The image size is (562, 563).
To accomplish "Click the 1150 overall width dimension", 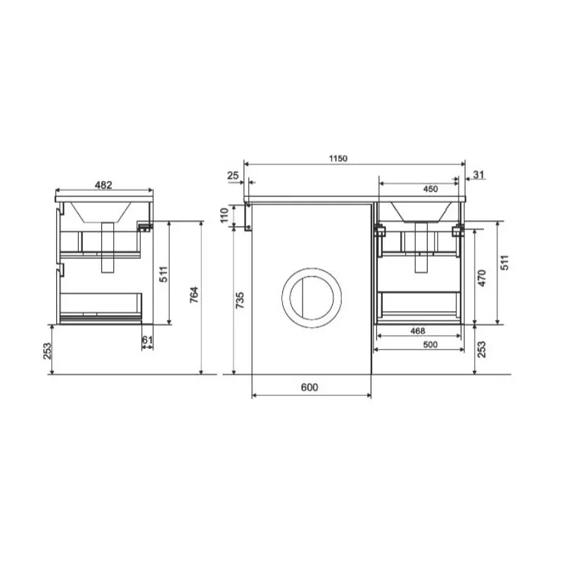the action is (x=338, y=158).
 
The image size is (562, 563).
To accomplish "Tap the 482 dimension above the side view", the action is (x=103, y=185).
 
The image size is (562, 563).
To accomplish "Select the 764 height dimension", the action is (x=194, y=295).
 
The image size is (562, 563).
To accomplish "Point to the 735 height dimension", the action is (x=240, y=301).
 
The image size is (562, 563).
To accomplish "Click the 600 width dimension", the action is (x=309, y=387).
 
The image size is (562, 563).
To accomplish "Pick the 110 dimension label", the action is (x=224, y=215).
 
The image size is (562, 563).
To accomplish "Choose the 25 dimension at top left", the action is (x=233, y=175).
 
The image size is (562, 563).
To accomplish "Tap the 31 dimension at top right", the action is (x=479, y=175).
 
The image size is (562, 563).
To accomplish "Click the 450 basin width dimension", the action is (x=430, y=189).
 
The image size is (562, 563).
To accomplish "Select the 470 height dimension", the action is (x=482, y=278).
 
